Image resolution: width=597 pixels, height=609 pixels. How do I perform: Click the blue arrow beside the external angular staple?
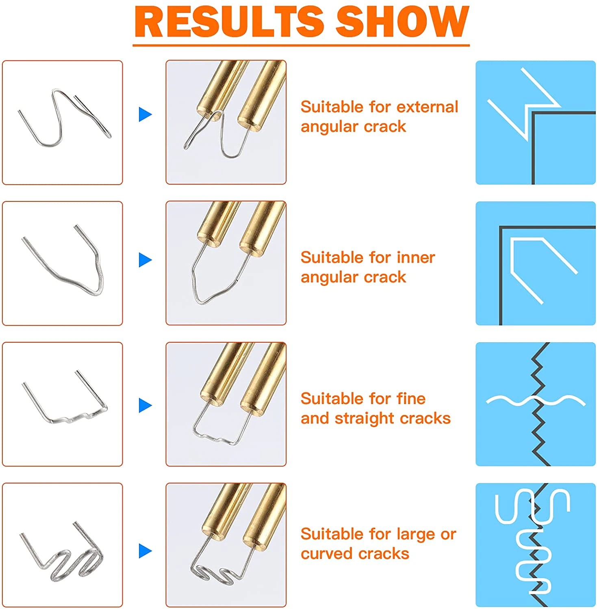click(145, 114)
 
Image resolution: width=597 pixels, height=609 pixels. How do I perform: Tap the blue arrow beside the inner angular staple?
click(145, 260)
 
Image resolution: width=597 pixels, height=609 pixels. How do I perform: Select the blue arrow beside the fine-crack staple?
click(145, 405)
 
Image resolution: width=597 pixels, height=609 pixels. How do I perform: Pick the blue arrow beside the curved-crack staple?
click(145, 551)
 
